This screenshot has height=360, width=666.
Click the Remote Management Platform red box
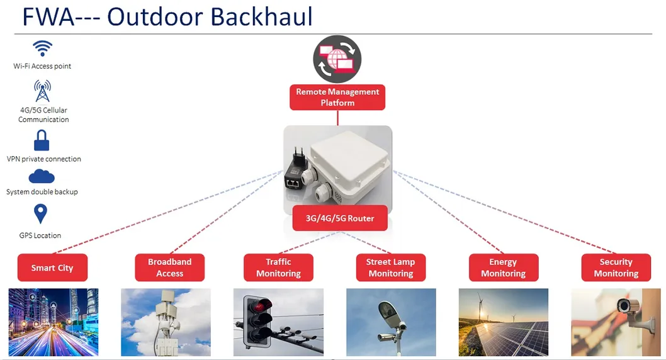click(337, 98)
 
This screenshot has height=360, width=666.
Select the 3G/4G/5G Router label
click(340, 218)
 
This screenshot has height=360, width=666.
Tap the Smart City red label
click(52, 267)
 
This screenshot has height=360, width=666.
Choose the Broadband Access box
click(169, 267)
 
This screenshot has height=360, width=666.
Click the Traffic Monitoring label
click(278, 267)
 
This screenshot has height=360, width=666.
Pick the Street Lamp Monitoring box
click(390, 267)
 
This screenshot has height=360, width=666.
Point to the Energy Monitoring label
click(503, 267)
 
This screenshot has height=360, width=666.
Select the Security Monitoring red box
click(616, 267)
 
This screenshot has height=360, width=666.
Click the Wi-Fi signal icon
click(42, 48)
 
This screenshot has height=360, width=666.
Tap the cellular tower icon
click(42, 91)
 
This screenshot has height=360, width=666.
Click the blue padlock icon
click(42, 140)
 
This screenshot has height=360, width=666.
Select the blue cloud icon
click(42, 177)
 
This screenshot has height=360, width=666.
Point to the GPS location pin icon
click(41, 214)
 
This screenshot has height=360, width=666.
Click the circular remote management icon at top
click(337, 59)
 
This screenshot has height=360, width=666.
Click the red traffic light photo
click(278, 322)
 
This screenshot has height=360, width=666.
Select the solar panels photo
click(503, 322)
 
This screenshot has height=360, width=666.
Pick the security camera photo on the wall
click(616, 322)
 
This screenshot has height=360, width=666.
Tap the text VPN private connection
click(44, 159)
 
